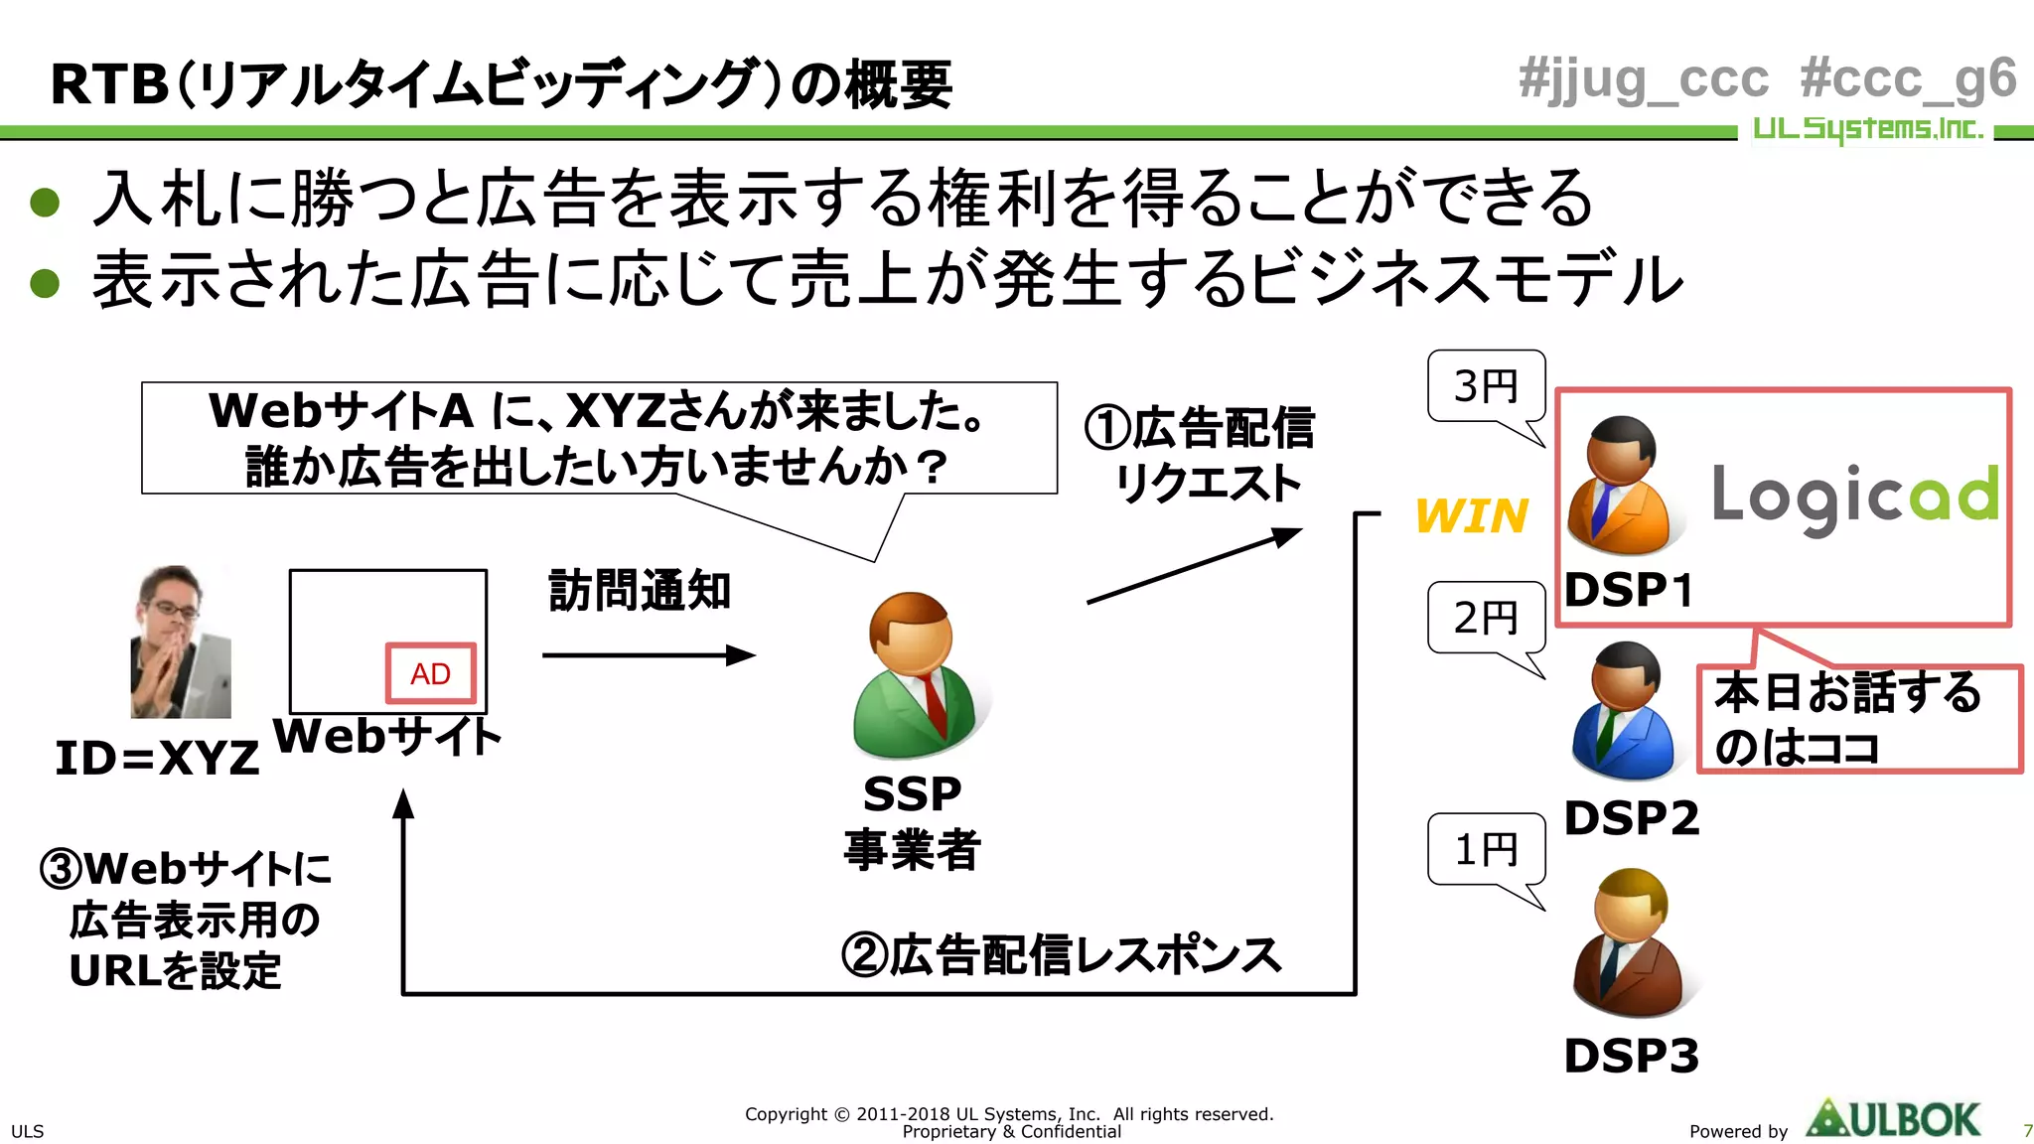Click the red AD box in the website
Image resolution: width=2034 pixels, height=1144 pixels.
tap(430, 673)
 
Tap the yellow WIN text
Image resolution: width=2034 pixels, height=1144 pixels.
tap(1471, 516)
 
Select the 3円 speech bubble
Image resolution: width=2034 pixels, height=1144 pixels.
tap(1486, 386)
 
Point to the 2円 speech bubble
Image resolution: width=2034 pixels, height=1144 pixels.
tap(1486, 618)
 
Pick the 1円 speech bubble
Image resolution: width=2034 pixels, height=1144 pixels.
tap(1486, 849)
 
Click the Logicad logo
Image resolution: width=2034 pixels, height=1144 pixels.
tap(1854, 498)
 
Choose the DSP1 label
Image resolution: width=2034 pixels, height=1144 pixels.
tap(1629, 590)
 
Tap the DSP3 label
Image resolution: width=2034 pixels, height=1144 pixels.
tap(1631, 1056)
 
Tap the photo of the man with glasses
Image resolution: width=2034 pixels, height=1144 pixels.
tap(180, 643)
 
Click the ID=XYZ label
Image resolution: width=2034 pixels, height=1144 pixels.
tap(157, 759)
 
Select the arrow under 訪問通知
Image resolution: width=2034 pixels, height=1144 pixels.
tap(648, 655)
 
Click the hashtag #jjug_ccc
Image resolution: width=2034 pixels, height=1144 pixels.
tap(1644, 79)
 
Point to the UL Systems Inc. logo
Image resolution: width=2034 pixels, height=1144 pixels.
tap(1867, 129)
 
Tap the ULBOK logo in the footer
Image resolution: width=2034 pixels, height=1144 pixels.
tap(1893, 1119)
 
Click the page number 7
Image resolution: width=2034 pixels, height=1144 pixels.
tap(2027, 1131)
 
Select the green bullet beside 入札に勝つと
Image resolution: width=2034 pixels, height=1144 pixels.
tap(45, 203)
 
